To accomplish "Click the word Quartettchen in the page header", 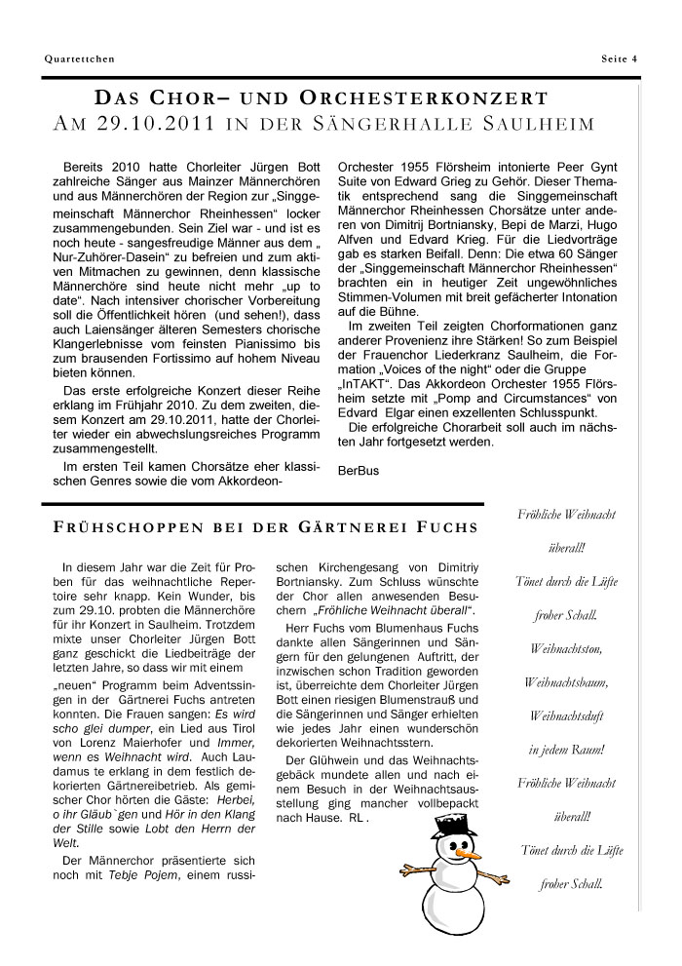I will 79,58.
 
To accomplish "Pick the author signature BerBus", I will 358,470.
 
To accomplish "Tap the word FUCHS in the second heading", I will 449,528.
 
